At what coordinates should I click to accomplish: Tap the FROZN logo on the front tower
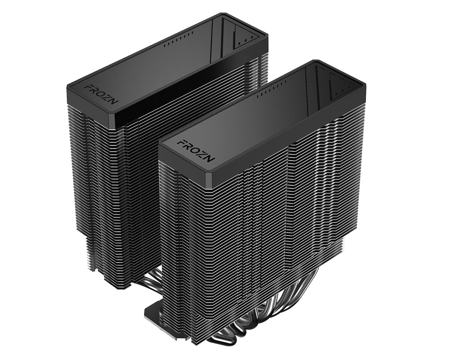(195, 150)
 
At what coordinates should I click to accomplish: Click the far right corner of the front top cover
(364, 87)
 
